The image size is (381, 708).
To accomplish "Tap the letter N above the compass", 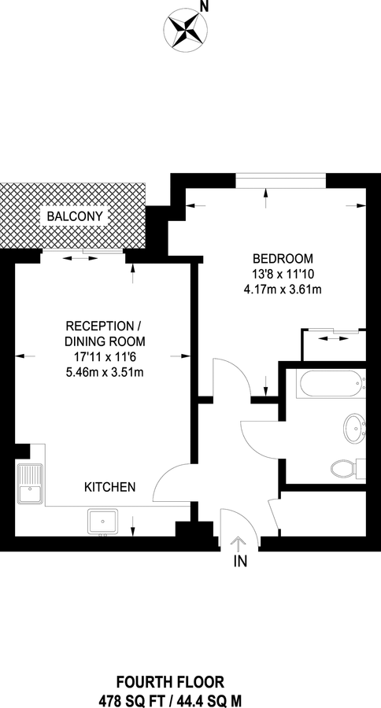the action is click(x=205, y=6).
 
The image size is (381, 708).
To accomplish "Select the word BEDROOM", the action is click(x=283, y=259).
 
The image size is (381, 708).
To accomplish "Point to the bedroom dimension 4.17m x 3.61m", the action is click(x=283, y=289).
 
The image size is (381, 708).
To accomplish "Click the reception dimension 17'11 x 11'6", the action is click(x=105, y=356).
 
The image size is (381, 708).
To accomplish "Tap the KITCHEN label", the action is click(x=110, y=487).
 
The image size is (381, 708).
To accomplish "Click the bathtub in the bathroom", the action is click(x=331, y=384).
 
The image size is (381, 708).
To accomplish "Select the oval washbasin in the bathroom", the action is click(x=355, y=428).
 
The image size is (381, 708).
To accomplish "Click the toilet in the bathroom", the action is click(x=348, y=468).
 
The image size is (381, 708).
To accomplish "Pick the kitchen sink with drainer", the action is click(x=30, y=484).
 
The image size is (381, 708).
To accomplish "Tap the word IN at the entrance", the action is click(x=240, y=561).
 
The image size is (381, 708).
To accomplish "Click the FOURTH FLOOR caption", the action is click(x=170, y=681).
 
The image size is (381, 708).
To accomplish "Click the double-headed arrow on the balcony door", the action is click(x=80, y=258).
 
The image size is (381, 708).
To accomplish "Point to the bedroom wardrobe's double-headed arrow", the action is click(x=331, y=338).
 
